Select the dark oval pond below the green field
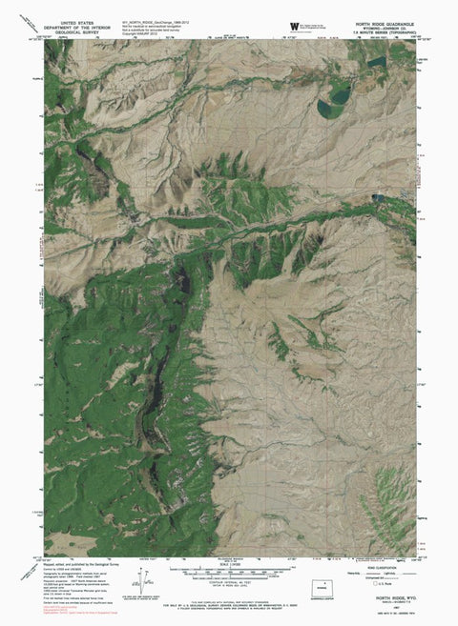point(336,97)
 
